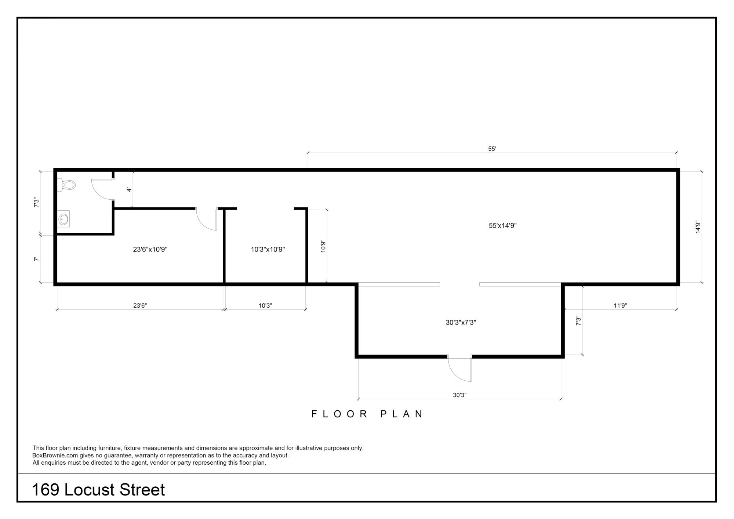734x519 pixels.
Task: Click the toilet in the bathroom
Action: [67, 184]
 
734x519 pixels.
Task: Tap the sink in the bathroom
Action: [63, 219]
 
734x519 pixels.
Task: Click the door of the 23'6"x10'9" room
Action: [207, 219]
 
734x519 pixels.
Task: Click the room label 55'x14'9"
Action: [502, 226]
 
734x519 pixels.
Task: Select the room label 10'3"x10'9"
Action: [268, 250]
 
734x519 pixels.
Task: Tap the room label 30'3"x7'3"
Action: [461, 323]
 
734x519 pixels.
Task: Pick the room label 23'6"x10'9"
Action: [150, 250]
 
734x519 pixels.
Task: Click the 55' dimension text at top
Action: [492, 149]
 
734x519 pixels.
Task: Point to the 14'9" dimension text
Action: [698, 227]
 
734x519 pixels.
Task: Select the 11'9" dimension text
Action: [620, 305]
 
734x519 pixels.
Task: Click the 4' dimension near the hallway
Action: [129, 189]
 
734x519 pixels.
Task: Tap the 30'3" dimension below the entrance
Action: [459, 395]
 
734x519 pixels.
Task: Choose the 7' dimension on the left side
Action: [36, 259]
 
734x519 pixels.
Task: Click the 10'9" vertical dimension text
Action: [323, 246]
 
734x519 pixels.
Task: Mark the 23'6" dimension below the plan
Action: [140, 305]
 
